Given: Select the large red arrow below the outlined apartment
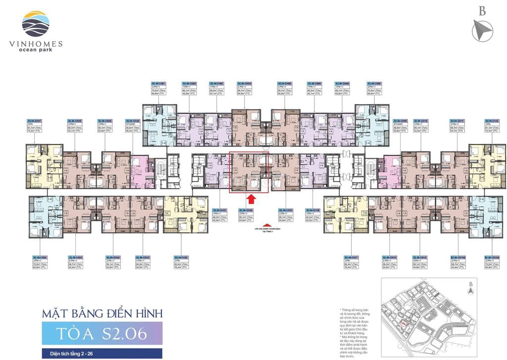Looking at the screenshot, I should (x=251, y=199).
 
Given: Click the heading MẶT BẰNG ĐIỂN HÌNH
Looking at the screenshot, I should (x=95, y=313).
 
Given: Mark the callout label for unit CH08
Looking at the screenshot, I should (x=375, y=90).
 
